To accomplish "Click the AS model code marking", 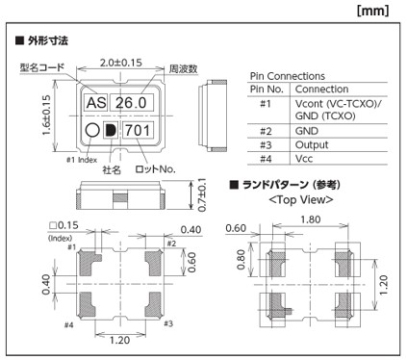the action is click(96, 103).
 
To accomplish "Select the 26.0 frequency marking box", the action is click(132, 103).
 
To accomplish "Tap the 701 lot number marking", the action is click(138, 130).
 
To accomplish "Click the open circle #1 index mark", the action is click(92, 130).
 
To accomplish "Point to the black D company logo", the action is click(111, 130).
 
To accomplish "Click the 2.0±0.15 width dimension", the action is click(121, 63).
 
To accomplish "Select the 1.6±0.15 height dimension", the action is click(47, 116).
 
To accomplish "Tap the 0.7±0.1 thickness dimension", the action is click(202, 195).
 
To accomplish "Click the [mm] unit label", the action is click(372, 11).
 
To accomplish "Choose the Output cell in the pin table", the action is click(312, 145).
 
